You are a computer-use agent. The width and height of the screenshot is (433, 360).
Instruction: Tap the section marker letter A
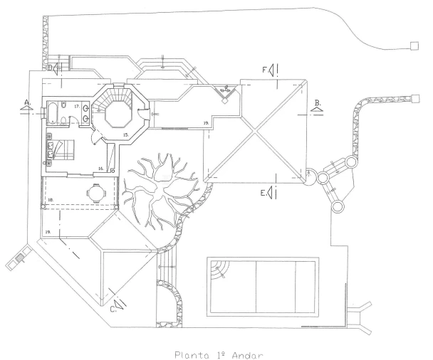click(x=26, y=102)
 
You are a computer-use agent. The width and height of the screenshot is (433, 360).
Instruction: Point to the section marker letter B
click(x=318, y=102)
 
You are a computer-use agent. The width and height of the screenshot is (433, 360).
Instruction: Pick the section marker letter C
click(x=114, y=308)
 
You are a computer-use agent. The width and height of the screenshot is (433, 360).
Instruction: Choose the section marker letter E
click(x=263, y=192)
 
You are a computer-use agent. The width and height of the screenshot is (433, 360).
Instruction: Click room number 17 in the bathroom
click(x=75, y=107)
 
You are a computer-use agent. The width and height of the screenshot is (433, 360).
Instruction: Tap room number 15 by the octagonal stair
click(x=125, y=133)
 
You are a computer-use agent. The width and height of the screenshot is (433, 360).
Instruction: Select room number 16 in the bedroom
click(x=101, y=169)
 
